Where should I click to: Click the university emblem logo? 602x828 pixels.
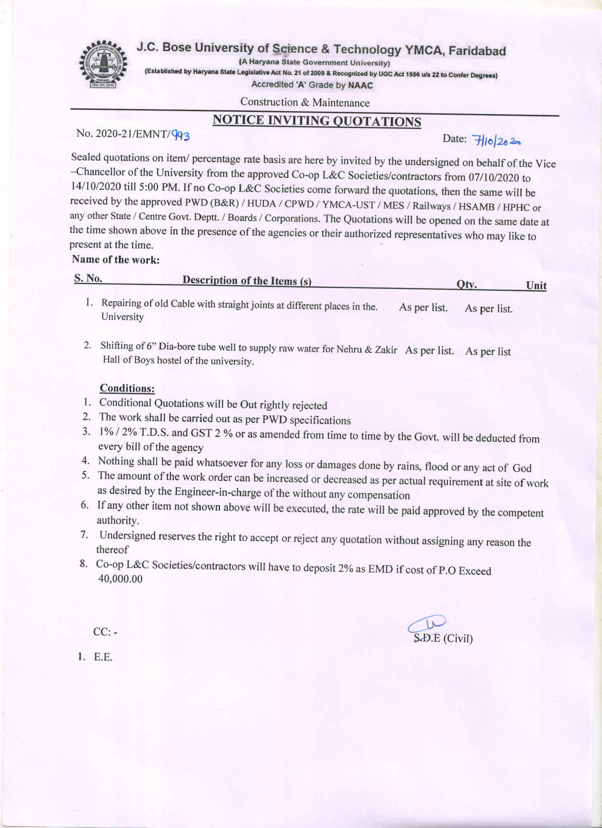[x=103, y=64]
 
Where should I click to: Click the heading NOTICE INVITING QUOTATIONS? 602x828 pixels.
[x=317, y=121]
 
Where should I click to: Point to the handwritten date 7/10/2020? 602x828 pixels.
[x=495, y=140]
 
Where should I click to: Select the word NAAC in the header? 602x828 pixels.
[x=360, y=86]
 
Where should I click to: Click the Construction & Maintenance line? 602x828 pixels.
[x=305, y=102]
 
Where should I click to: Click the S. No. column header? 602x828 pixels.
[x=88, y=278]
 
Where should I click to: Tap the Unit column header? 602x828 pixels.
[x=536, y=285]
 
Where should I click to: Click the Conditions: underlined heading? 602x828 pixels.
[x=127, y=388]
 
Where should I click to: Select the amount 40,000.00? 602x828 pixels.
[x=120, y=579]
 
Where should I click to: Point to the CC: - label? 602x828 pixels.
[x=105, y=632]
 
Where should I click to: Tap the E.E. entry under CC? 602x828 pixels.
[x=103, y=657]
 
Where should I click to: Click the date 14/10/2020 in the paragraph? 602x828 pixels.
[x=95, y=186]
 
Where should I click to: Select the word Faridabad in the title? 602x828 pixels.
[x=477, y=51]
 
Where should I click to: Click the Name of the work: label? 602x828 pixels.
[x=116, y=260]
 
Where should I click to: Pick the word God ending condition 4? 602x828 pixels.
[x=522, y=468]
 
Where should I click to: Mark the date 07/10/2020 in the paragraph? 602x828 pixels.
[x=494, y=177]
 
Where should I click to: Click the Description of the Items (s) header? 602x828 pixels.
[x=247, y=280]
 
